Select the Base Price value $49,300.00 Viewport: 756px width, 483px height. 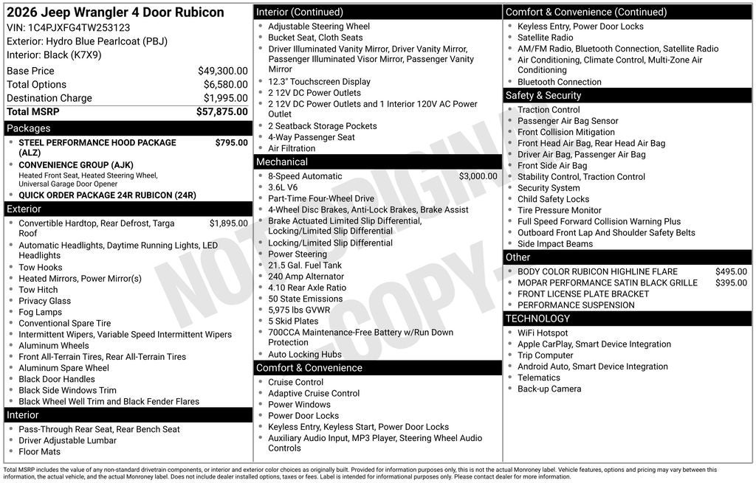pos(222,71)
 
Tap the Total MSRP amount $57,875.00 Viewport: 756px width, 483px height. pos(221,111)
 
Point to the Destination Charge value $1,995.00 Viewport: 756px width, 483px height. pos(225,98)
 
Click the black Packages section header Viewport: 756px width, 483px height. pos(128,128)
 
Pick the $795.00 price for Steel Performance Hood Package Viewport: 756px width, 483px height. pos(231,142)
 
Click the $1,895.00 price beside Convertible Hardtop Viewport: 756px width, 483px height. pos(228,223)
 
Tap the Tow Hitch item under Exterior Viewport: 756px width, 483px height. pos(38,290)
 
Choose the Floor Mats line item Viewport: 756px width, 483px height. pos(40,451)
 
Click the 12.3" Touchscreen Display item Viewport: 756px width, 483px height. pos(319,82)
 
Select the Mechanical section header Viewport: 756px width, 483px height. pos(377,161)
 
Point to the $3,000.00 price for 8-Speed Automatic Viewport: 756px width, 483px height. pos(478,176)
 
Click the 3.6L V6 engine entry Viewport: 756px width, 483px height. pos(284,187)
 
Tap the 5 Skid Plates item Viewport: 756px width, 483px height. pos(293,321)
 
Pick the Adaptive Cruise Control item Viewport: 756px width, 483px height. pos(314,393)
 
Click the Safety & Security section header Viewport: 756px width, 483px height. pos(628,95)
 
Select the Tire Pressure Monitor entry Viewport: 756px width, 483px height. pos(559,210)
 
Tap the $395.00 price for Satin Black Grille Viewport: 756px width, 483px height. pos(731,282)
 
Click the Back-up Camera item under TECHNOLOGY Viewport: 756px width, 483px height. pos(549,389)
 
